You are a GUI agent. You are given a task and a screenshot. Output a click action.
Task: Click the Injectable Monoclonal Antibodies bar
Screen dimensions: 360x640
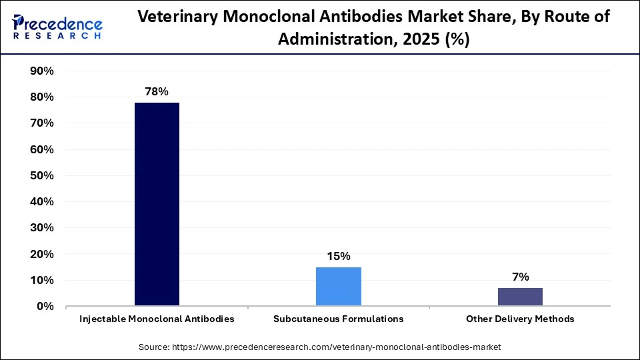click(157, 204)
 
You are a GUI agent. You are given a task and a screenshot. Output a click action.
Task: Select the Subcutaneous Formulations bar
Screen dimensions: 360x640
click(338, 287)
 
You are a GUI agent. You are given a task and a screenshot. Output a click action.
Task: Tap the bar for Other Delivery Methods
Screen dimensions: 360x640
click(520, 297)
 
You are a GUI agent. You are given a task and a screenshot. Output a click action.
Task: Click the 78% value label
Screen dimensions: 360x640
click(157, 91)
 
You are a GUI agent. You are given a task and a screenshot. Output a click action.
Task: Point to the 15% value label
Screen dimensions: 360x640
click(338, 256)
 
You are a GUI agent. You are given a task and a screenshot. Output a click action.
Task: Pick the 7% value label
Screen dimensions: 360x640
click(520, 277)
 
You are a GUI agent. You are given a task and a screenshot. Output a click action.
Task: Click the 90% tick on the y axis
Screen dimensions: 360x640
click(42, 71)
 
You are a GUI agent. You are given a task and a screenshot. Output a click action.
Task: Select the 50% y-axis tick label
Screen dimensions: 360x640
click(42, 176)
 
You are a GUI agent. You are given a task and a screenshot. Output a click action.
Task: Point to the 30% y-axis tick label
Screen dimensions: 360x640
click(42, 228)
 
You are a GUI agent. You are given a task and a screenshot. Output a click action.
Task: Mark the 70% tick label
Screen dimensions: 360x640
click(42, 123)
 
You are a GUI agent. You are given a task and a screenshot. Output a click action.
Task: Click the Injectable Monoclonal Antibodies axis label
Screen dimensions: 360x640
click(157, 319)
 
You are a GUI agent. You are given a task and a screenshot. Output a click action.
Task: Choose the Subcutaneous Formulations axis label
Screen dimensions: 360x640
click(338, 319)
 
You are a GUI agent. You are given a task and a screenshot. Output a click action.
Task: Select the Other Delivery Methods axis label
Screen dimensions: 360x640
click(520, 319)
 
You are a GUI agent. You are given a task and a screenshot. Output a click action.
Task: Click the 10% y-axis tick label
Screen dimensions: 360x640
click(42, 281)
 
